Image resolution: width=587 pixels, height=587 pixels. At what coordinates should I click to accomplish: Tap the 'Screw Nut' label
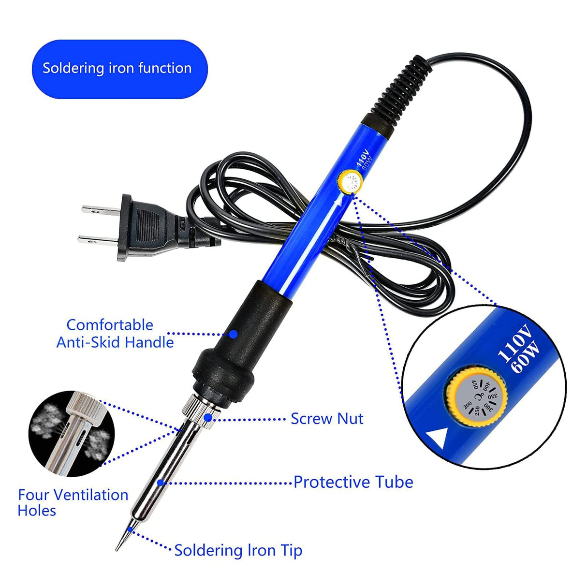[x=326, y=419]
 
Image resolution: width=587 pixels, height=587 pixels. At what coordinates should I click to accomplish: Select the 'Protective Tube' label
[x=353, y=482]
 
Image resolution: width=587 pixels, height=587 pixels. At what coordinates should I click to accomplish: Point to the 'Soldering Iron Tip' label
[x=238, y=550]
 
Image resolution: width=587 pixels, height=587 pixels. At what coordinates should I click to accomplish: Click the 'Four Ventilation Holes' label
[x=73, y=502]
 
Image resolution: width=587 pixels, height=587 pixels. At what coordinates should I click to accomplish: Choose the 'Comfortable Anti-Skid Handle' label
[x=115, y=334]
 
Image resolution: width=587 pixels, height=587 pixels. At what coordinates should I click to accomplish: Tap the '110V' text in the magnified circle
[x=514, y=344]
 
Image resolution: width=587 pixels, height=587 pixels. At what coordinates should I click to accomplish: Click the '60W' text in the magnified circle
[x=526, y=358]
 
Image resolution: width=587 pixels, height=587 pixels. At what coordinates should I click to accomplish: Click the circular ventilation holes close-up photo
[x=72, y=434]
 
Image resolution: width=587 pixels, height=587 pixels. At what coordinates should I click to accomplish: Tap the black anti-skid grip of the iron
[x=237, y=338]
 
